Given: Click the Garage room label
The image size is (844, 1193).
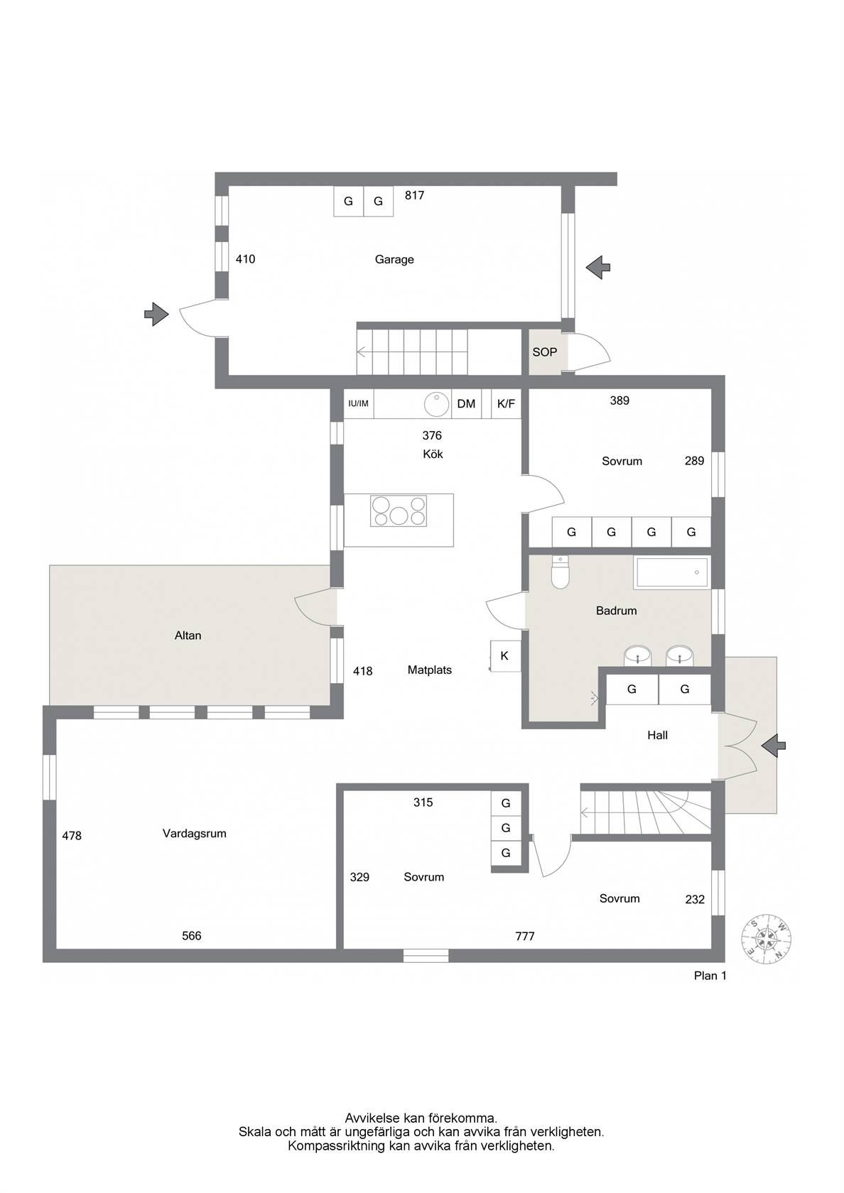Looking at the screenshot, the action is (394, 259).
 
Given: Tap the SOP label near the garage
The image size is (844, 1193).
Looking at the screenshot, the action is (544, 352).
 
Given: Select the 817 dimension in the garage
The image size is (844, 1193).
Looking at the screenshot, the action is (415, 195).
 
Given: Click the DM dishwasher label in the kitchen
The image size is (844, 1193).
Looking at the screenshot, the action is (466, 403).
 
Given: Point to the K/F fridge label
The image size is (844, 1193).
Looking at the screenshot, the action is (506, 403).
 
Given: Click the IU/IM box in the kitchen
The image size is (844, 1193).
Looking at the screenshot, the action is (358, 403).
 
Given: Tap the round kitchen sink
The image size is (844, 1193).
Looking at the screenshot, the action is (437, 403).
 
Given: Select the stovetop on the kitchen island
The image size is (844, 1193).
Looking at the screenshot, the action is (399, 511).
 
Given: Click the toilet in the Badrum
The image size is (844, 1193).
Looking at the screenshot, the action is (560, 572).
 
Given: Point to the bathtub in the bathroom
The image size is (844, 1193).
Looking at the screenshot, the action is (672, 572).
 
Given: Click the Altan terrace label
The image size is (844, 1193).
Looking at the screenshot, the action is (188, 636).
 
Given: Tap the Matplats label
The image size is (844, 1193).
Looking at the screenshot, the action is (429, 670).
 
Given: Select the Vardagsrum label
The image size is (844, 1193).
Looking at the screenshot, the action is (195, 834).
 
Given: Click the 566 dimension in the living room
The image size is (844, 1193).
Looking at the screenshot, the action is (192, 936).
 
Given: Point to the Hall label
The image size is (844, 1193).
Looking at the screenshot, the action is (658, 736).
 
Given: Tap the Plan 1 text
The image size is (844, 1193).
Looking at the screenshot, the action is (710, 976).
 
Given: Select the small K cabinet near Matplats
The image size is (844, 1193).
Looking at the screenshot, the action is (504, 656).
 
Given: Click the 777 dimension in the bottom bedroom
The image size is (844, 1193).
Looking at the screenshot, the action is (525, 936).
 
